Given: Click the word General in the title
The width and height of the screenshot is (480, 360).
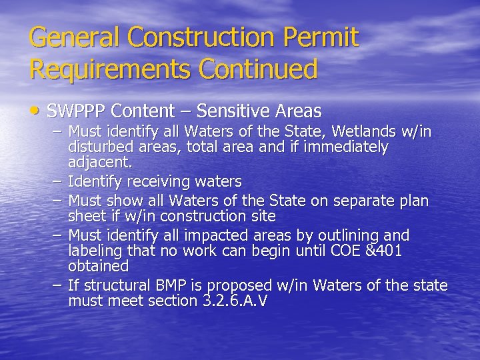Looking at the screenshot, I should click(x=74, y=37).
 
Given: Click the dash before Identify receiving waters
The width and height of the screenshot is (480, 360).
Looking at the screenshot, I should click(x=57, y=181).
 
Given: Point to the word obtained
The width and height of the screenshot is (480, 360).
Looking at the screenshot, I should click(x=98, y=266).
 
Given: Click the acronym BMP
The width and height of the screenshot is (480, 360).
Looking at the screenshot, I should click(x=175, y=286).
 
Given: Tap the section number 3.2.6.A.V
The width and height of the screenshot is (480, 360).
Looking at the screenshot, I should click(x=234, y=301).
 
